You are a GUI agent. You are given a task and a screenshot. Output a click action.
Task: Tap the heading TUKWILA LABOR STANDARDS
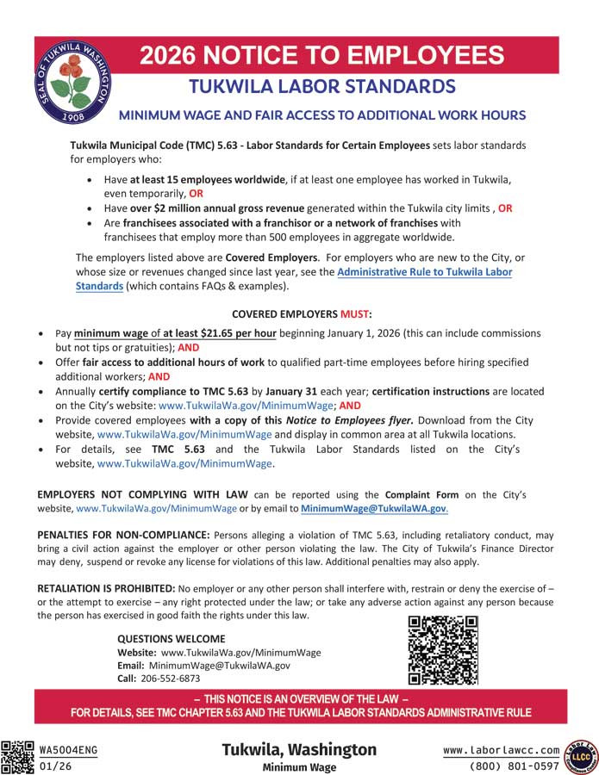321,86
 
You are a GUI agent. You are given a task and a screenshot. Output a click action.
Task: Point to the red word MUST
355,313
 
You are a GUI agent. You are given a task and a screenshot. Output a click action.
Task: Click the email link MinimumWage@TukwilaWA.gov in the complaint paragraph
373,509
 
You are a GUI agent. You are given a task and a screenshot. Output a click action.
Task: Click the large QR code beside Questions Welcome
442,650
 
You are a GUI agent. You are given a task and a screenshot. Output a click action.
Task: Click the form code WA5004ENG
68,749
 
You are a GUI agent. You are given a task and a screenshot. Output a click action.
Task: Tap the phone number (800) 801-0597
515,766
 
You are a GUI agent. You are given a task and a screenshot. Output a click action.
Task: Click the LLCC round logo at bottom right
579,754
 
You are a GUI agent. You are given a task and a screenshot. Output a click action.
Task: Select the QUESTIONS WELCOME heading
171,639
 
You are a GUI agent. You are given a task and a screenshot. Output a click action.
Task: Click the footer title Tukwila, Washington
299,749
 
